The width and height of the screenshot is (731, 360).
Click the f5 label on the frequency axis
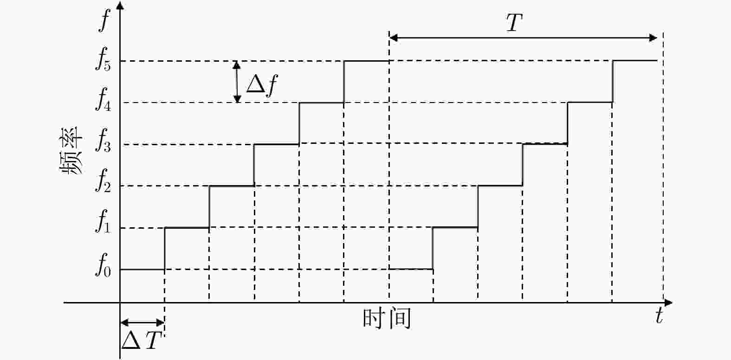104,61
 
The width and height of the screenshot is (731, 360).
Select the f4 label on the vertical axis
104,103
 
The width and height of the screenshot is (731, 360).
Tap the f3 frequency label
104,144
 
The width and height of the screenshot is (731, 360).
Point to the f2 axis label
104,186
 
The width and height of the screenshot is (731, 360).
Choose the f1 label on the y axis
104,227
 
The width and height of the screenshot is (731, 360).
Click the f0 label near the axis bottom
104,269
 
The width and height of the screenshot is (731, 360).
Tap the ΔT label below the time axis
142,341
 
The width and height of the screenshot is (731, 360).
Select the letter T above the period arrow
514,23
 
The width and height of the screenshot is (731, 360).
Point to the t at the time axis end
659,316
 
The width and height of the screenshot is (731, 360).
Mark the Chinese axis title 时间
387,319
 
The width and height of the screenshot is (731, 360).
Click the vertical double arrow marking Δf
237,82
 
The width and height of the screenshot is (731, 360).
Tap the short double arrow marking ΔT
142,323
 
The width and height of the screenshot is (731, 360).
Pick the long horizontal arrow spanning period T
523,38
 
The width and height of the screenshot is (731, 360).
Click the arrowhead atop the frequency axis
120,6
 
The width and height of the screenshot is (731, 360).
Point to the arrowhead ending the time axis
668,303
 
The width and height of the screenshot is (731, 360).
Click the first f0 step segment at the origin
142,269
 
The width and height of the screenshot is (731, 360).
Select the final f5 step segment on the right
635,60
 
